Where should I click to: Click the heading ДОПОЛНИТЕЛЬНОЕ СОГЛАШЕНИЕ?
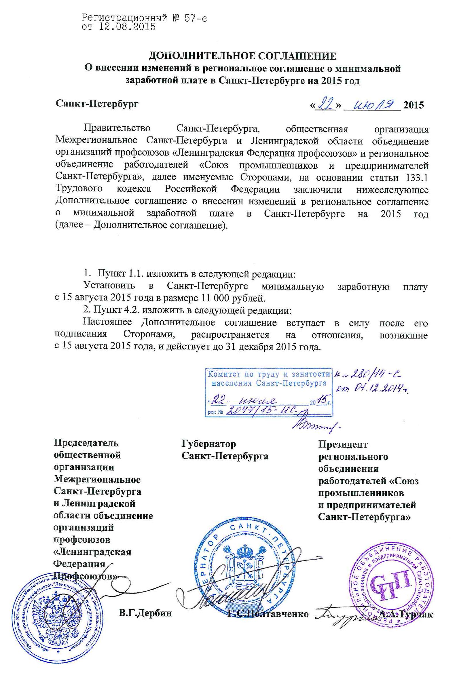pos(242,56)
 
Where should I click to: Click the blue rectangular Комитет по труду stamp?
pos(269,392)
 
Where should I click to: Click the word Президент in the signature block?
pos(343,445)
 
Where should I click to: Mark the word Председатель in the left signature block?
pos(86,443)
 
